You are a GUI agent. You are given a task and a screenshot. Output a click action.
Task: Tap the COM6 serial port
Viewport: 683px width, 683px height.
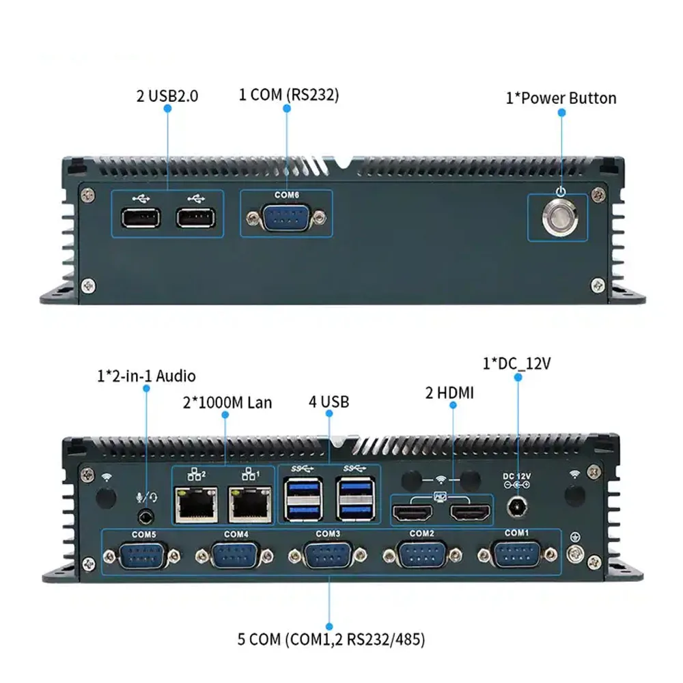point(286,219)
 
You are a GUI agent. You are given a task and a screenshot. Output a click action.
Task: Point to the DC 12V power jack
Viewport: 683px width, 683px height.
point(517,507)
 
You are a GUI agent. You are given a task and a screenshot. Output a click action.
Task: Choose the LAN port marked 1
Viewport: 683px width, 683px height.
point(249,506)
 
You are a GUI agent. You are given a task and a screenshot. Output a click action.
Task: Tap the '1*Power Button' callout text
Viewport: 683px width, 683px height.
point(561,98)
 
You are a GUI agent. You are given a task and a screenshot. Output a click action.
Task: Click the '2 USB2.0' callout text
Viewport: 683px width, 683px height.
point(167,96)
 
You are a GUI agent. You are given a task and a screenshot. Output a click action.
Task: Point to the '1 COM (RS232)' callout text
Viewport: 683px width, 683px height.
point(288,95)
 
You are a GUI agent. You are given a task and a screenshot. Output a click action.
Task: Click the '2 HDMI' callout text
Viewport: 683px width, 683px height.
point(449,393)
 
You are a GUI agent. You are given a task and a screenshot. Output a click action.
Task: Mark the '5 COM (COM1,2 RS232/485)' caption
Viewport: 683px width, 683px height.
point(331,639)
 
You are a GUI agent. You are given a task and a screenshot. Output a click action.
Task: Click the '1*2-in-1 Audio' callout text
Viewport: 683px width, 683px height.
point(146,376)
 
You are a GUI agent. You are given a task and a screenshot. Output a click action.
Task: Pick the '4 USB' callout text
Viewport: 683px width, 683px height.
point(329,402)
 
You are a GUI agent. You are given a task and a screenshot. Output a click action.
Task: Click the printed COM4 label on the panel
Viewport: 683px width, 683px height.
point(236,534)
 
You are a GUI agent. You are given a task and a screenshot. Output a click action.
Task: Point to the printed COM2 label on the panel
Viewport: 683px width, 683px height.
point(422,533)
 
